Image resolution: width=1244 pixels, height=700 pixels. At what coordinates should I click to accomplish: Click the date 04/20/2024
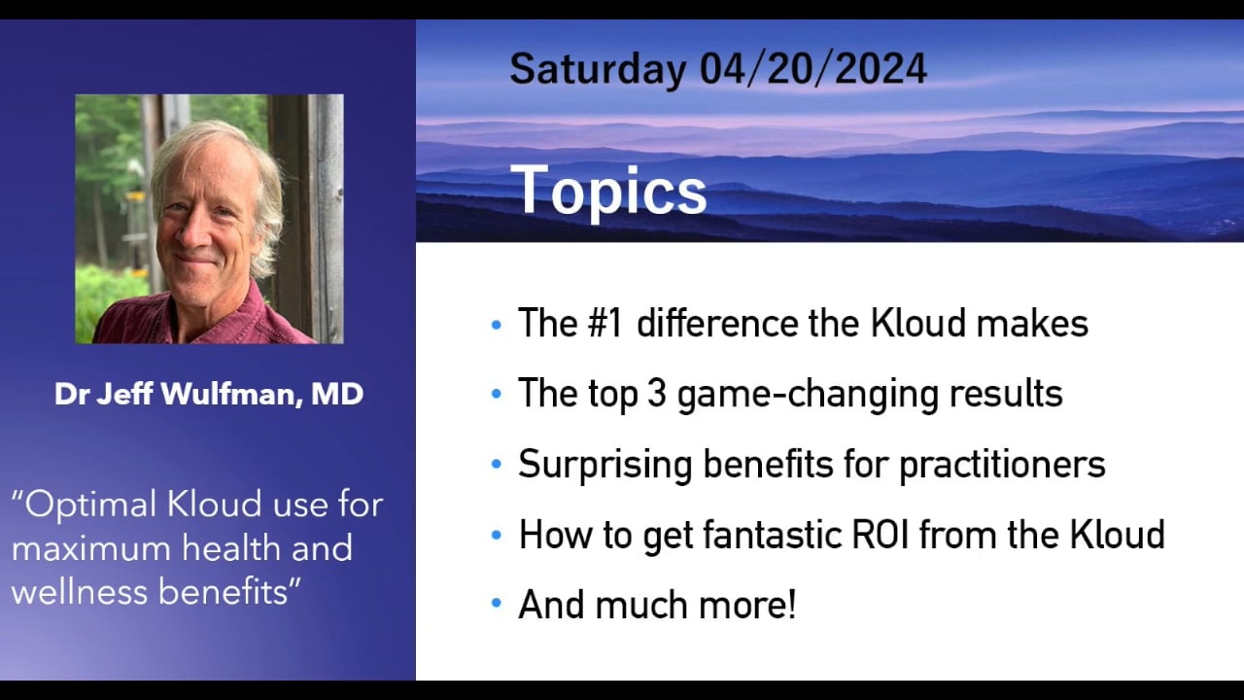pyautogui.click(x=813, y=69)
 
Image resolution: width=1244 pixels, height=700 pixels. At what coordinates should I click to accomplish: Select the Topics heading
pyautogui.click(x=608, y=191)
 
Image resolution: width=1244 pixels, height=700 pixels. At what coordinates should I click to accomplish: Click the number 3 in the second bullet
pyautogui.click(x=657, y=394)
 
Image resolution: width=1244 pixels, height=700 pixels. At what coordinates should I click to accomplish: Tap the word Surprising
pyautogui.click(x=605, y=466)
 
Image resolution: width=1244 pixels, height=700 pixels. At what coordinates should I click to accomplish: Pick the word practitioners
pyautogui.click(x=1002, y=465)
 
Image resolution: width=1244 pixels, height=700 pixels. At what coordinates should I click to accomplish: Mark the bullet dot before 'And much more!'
pyautogui.click(x=497, y=603)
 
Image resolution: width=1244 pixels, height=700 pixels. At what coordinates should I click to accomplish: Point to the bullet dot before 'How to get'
pyautogui.click(x=497, y=534)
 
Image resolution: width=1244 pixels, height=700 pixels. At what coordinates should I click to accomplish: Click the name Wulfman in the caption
pyautogui.click(x=231, y=394)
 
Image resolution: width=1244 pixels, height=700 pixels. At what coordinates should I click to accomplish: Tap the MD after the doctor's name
pyautogui.click(x=337, y=394)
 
